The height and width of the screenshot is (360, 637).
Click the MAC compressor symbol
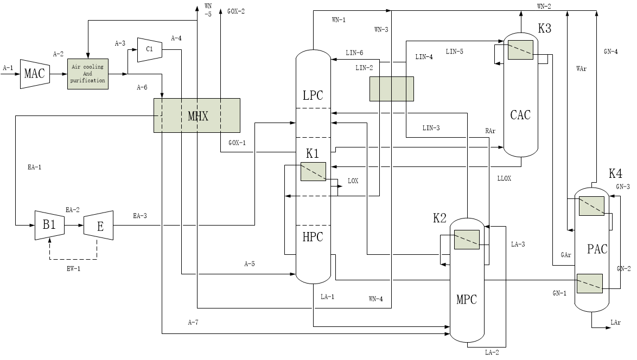pyautogui.click(x=35, y=73)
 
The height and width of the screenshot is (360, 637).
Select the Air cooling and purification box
pyautogui.click(x=88, y=74)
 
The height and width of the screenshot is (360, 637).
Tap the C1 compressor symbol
pyautogui.click(x=150, y=50)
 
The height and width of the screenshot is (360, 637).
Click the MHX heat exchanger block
pyautogui.click(x=196, y=115)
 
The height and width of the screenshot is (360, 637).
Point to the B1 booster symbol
pyautogui.click(x=49, y=224)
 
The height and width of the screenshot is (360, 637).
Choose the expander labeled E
pyautogui.click(x=99, y=225)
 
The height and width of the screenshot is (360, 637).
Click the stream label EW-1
pyautogui.click(x=74, y=269)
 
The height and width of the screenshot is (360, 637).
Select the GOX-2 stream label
pyautogui.click(x=236, y=11)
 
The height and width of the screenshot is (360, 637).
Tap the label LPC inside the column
pyautogui.click(x=313, y=95)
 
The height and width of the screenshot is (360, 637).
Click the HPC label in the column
pyautogui.click(x=313, y=236)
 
